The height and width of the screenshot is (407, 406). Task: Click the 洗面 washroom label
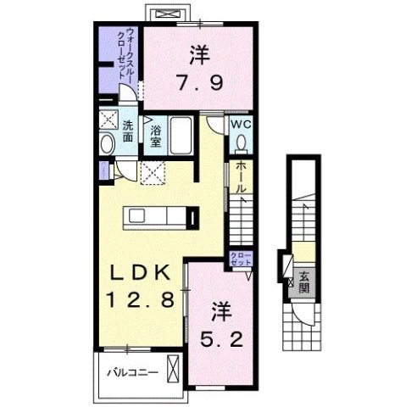[x=128, y=131]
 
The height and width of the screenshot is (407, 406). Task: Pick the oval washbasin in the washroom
[x=106, y=144]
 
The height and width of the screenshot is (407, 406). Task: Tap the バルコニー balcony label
[x=129, y=371]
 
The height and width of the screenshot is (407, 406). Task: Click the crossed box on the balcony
[x=174, y=371]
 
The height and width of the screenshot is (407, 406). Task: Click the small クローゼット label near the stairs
[x=241, y=259]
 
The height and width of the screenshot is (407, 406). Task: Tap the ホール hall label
[x=241, y=177]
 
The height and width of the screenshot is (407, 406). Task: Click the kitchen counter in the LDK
[x=161, y=216]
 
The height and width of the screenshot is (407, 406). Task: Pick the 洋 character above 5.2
[x=221, y=308]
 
